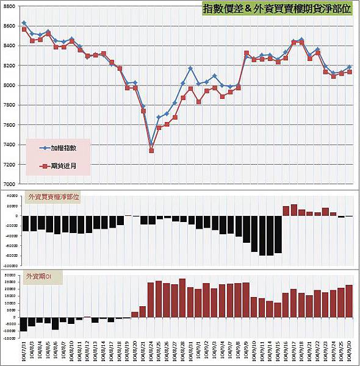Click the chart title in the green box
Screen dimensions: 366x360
point(278,9)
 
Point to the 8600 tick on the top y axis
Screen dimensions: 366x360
point(11,26)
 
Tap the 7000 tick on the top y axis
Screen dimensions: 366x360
point(11,184)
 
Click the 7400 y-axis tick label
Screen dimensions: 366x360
point(11,145)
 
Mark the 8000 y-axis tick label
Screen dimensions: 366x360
point(11,85)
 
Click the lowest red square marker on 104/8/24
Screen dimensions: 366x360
point(151,150)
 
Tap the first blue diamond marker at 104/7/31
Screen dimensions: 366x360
point(24,23)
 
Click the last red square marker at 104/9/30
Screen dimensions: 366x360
point(349,72)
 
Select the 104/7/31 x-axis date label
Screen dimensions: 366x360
point(24,350)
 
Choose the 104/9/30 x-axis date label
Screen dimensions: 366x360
point(349,350)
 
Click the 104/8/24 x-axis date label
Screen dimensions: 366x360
point(151,350)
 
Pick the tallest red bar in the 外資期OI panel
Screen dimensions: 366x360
point(182,298)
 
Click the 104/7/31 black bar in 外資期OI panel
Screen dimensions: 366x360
point(24,324)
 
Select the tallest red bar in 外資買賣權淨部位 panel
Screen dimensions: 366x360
point(294,210)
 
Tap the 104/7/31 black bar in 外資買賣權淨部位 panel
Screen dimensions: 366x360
point(25,223)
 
